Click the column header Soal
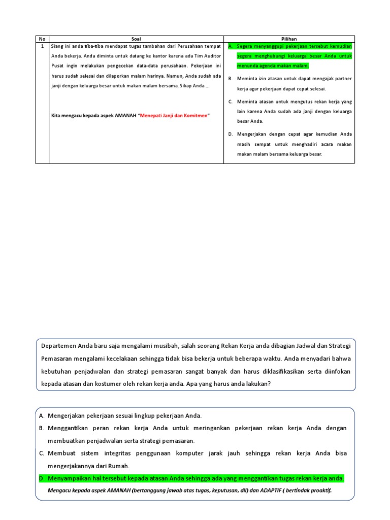point(136,39)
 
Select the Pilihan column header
point(289,39)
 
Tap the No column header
point(42,39)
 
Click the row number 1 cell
point(42,46)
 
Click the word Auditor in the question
point(212,56)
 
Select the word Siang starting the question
point(57,46)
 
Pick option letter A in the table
point(230,46)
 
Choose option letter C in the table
point(230,102)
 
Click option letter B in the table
point(230,79)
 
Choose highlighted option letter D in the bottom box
point(41,478)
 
